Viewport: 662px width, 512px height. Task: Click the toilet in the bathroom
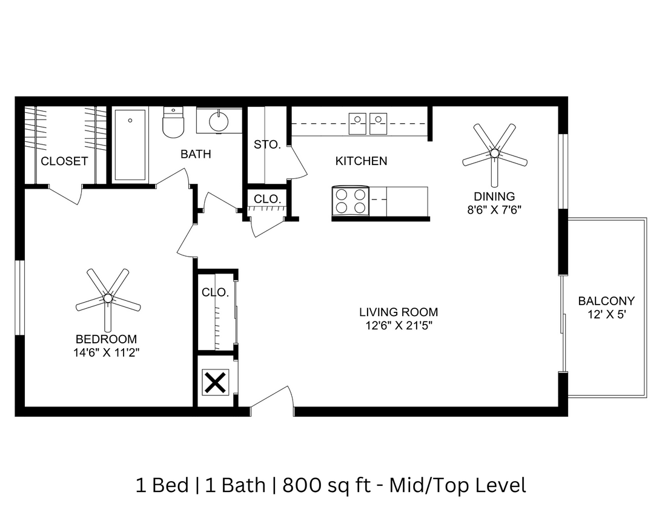pos(173,122)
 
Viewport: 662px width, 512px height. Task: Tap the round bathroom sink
pos(219,121)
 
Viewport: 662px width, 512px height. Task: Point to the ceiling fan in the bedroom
pos(108,298)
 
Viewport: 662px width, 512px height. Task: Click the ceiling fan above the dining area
pos(494,153)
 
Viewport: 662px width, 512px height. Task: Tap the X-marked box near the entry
pos(215,383)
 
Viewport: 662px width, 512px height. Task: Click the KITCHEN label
pos(361,161)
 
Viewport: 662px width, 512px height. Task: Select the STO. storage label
pos(266,145)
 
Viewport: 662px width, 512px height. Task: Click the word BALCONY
pos(606,301)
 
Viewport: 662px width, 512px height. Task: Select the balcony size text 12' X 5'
pos(606,314)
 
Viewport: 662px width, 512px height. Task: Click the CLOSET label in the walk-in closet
pos(64,161)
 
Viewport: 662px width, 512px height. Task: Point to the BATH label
pos(196,154)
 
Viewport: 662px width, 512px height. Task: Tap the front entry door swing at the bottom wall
pos(273,402)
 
